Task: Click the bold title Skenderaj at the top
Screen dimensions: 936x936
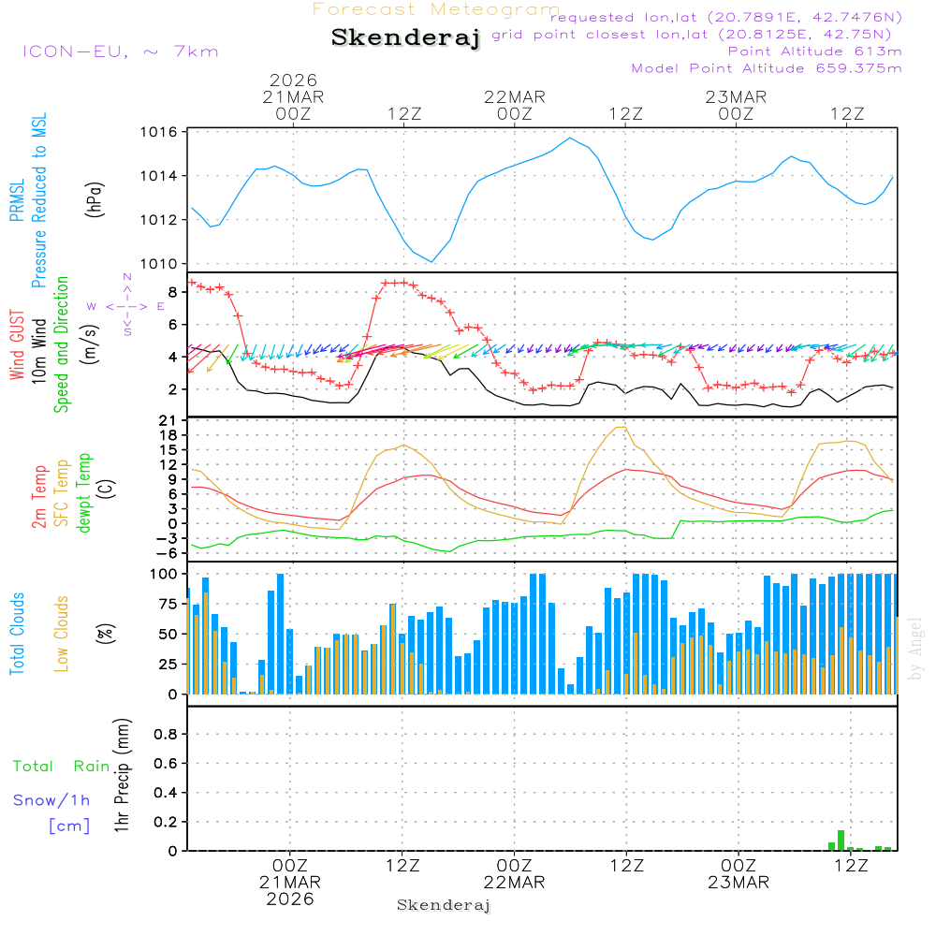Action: tap(405, 37)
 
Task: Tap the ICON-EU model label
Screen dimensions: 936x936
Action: tap(120, 51)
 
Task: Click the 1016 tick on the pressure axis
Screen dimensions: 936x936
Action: tap(159, 132)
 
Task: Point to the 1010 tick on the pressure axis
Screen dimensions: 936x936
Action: tap(159, 264)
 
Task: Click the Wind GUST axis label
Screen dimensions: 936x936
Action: tap(18, 345)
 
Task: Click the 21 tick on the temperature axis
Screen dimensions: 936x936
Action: tap(168, 418)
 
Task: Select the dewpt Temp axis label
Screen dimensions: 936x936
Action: tap(85, 492)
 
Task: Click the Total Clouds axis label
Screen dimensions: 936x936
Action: tap(18, 633)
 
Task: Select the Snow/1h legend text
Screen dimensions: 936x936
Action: tap(52, 800)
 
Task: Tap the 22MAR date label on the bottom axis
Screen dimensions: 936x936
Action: tap(514, 883)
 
